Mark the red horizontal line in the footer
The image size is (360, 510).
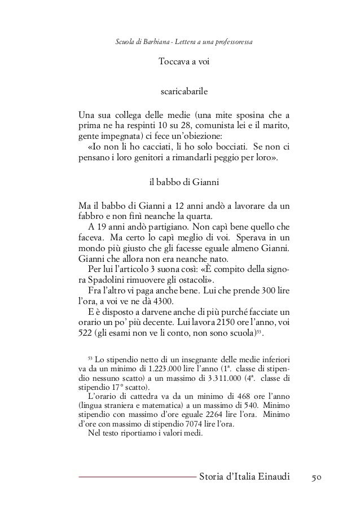tap(135, 478)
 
